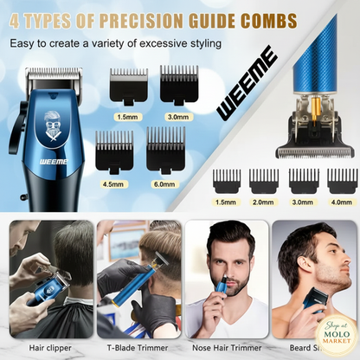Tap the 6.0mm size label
pyautogui.click(x=165, y=183)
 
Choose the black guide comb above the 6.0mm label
pyautogui.click(x=165, y=151)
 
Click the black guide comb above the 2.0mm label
pyautogui.click(x=263, y=179)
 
